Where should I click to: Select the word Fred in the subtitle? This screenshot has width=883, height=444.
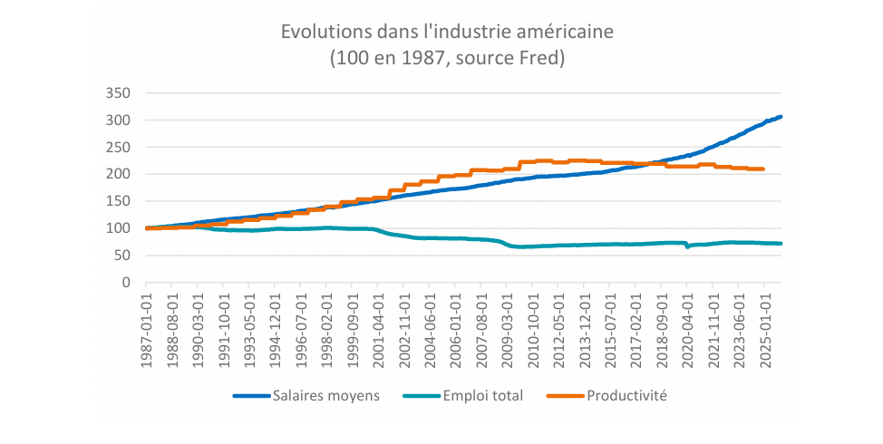click(x=540, y=59)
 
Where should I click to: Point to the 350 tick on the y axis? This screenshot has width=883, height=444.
click(x=120, y=93)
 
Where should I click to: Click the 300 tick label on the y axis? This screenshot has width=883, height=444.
click(x=120, y=121)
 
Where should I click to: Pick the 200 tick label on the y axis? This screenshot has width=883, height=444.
click(x=120, y=174)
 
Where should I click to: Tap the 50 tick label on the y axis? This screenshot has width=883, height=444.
click(x=123, y=256)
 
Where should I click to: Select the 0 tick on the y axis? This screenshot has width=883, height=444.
click(x=127, y=283)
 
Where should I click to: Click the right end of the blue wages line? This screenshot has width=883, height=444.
click(x=781, y=117)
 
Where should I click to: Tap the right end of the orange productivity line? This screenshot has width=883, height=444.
click(x=763, y=169)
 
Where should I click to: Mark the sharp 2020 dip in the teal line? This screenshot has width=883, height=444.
click(x=687, y=246)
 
